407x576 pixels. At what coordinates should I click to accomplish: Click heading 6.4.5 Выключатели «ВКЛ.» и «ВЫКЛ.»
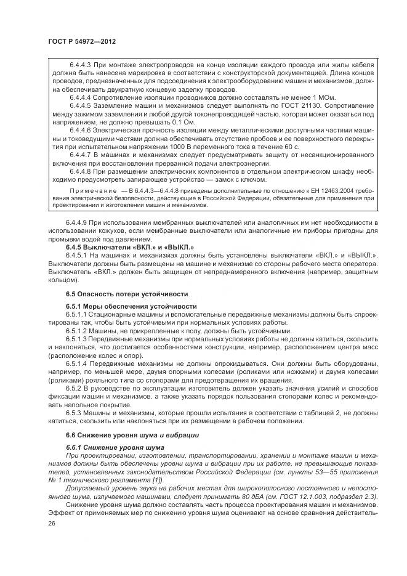pyautogui.click(x=115, y=246)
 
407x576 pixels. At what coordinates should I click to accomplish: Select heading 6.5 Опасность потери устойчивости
pyautogui.click(x=117, y=293)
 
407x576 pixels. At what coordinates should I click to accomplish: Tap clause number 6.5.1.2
pyautogui.click(x=78, y=330)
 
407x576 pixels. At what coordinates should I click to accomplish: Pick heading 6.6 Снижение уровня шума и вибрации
pyautogui.click(x=123, y=434)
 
